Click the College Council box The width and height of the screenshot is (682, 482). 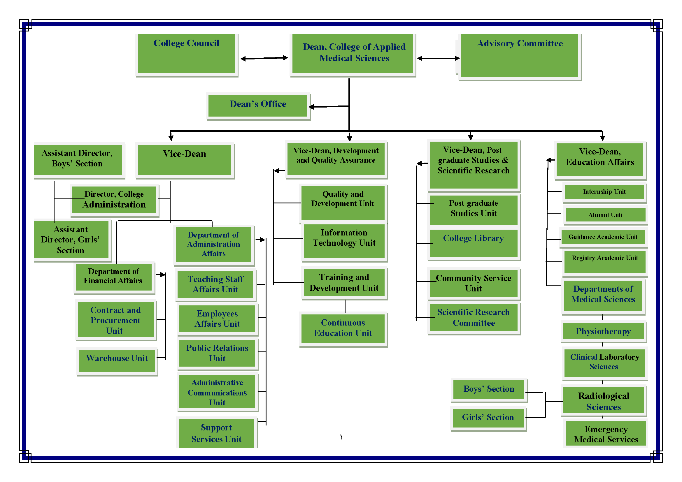pyautogui.click(x=186, y=54)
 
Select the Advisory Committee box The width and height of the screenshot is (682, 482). pyautogui.click(x=520, y=55)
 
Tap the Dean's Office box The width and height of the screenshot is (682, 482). pyautogui.click(x=258, y=105)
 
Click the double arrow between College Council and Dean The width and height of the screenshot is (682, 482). pyautogui.click(x=264, y=58)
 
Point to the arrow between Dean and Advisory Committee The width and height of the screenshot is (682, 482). pyautogui.click(x=439, y=58)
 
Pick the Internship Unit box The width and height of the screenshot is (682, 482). pyautogui.click(x=604, y=192)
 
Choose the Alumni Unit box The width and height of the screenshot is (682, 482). pyautogui.click(x=605, y=215)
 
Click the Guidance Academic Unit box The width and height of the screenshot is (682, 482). pyautogui.click(x=603, y=237)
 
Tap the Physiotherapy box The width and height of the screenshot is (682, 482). pyautogui.click(x=603, y=331)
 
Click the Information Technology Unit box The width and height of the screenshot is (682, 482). pyautogui.click(x=344, y=241)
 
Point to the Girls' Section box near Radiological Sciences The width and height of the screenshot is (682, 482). pyautogui.click(x=488, y=418)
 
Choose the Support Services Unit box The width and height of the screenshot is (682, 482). pyautogui.click(x=216, y=433)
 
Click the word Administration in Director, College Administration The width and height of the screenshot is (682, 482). pyautogui.click(x=114, y=205)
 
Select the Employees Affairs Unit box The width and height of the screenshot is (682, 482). pyautogui.click(x=217, y=319)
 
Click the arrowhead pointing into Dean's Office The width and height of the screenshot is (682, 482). pyautogui.click(x=311, y=107)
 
